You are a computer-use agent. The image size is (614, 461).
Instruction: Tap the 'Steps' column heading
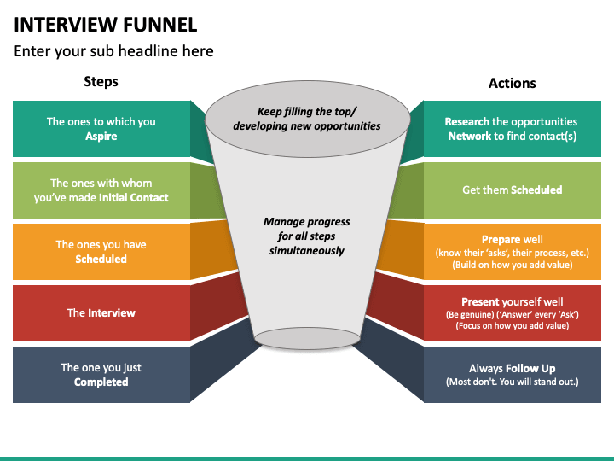coord(101,82)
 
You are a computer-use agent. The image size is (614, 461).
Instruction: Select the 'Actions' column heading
coord(513,83)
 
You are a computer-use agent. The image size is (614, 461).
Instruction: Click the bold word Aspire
coord(101,137)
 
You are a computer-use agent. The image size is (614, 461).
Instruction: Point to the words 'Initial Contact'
coord(134,197)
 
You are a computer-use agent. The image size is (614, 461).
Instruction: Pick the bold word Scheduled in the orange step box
coord(101,260)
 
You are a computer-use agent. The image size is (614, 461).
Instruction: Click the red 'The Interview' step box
coord(101,312)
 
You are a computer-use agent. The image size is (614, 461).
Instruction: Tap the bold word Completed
coord(101,382)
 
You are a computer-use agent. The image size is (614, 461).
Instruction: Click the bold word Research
coord(466,121)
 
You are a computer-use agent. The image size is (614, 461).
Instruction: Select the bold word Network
coord(470,136)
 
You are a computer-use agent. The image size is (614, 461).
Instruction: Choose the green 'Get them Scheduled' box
coord(513,190)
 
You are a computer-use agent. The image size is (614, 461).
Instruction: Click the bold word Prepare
coord(499,240)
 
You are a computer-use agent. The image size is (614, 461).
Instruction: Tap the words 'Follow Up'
coord(530,369)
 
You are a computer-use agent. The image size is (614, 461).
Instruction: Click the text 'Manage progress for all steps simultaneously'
coord(307,236)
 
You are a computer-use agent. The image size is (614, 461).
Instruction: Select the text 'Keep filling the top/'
coord(307,112)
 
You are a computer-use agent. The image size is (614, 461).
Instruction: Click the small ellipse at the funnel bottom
coord(307,339)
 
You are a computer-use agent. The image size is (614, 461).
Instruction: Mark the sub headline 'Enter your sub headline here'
coord(113,51)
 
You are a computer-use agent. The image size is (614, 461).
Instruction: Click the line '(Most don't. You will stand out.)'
coord(513,382)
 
